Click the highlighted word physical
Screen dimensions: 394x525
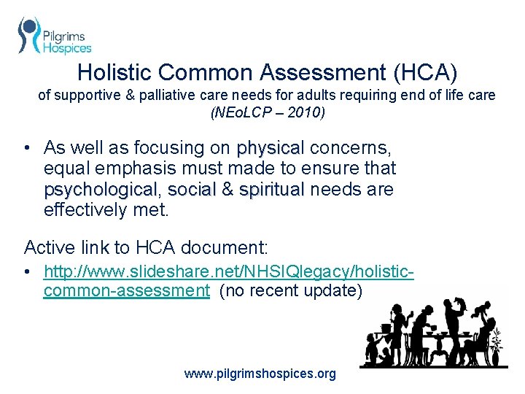[x=269, y=148]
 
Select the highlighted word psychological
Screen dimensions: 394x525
[x=100, y=190]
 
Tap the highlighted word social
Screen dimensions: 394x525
[x=192, y=190]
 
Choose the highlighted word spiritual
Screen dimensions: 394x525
[x=271, y=190]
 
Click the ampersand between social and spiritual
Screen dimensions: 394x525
[x=227, y=190]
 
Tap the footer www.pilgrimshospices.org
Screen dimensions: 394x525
[x=260, y=374]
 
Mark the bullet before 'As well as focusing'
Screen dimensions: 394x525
[x=26, y=148]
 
